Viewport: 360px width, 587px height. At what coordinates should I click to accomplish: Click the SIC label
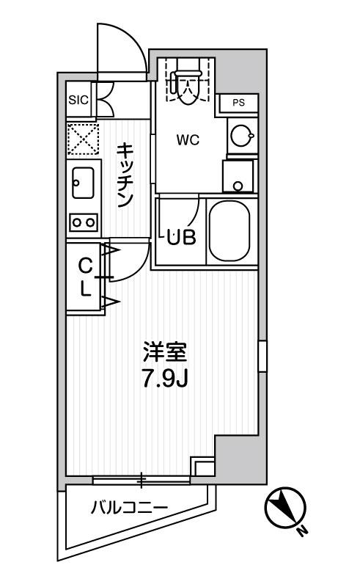tap(78, 101)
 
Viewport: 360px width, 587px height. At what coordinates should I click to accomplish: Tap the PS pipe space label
tap(238, 103)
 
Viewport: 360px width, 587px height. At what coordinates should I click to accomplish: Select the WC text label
tap(188, 140)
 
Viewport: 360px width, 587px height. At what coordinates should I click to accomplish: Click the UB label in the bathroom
tap(181, 237)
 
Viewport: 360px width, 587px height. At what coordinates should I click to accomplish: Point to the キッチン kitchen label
tap(125, 175)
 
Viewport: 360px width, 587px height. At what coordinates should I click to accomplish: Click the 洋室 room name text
tap(165, 352)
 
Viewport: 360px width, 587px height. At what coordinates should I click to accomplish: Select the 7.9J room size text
tap(164, 379)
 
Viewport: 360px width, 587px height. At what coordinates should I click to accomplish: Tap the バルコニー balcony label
tap(130, 508)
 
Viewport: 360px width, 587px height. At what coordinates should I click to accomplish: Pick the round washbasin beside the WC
tap(241, 136)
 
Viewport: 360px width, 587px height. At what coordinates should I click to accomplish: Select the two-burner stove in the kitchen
tap(84, 222)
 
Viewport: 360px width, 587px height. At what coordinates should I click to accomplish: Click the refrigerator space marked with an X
tap(83, 139)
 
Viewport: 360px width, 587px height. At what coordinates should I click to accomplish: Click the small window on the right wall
tap(262, 356)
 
